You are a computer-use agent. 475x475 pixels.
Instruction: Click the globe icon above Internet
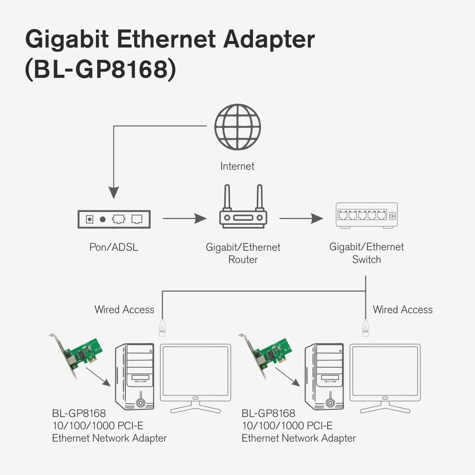click(237, 127)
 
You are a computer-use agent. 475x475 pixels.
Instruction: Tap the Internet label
click(237, 166)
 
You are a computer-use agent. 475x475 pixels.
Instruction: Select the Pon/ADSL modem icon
click(114, 219)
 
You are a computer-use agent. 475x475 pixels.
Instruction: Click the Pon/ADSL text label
click(114, 247)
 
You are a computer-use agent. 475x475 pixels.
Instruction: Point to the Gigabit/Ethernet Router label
click(243, 253)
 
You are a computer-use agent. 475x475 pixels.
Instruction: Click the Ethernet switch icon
click(366, 215)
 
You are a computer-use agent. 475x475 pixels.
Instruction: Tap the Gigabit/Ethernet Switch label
click(366, 253)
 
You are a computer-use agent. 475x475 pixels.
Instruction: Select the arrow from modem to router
click(184, 218)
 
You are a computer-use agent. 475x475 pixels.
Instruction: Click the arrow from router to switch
click(301, 218)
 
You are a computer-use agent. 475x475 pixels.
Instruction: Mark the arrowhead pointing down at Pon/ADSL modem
click(114, 193)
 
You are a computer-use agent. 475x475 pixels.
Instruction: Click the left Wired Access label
click(124, 310)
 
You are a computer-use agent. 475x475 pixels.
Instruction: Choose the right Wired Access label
click(402, 310)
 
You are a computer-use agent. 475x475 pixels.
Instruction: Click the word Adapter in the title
click(269, 40)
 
